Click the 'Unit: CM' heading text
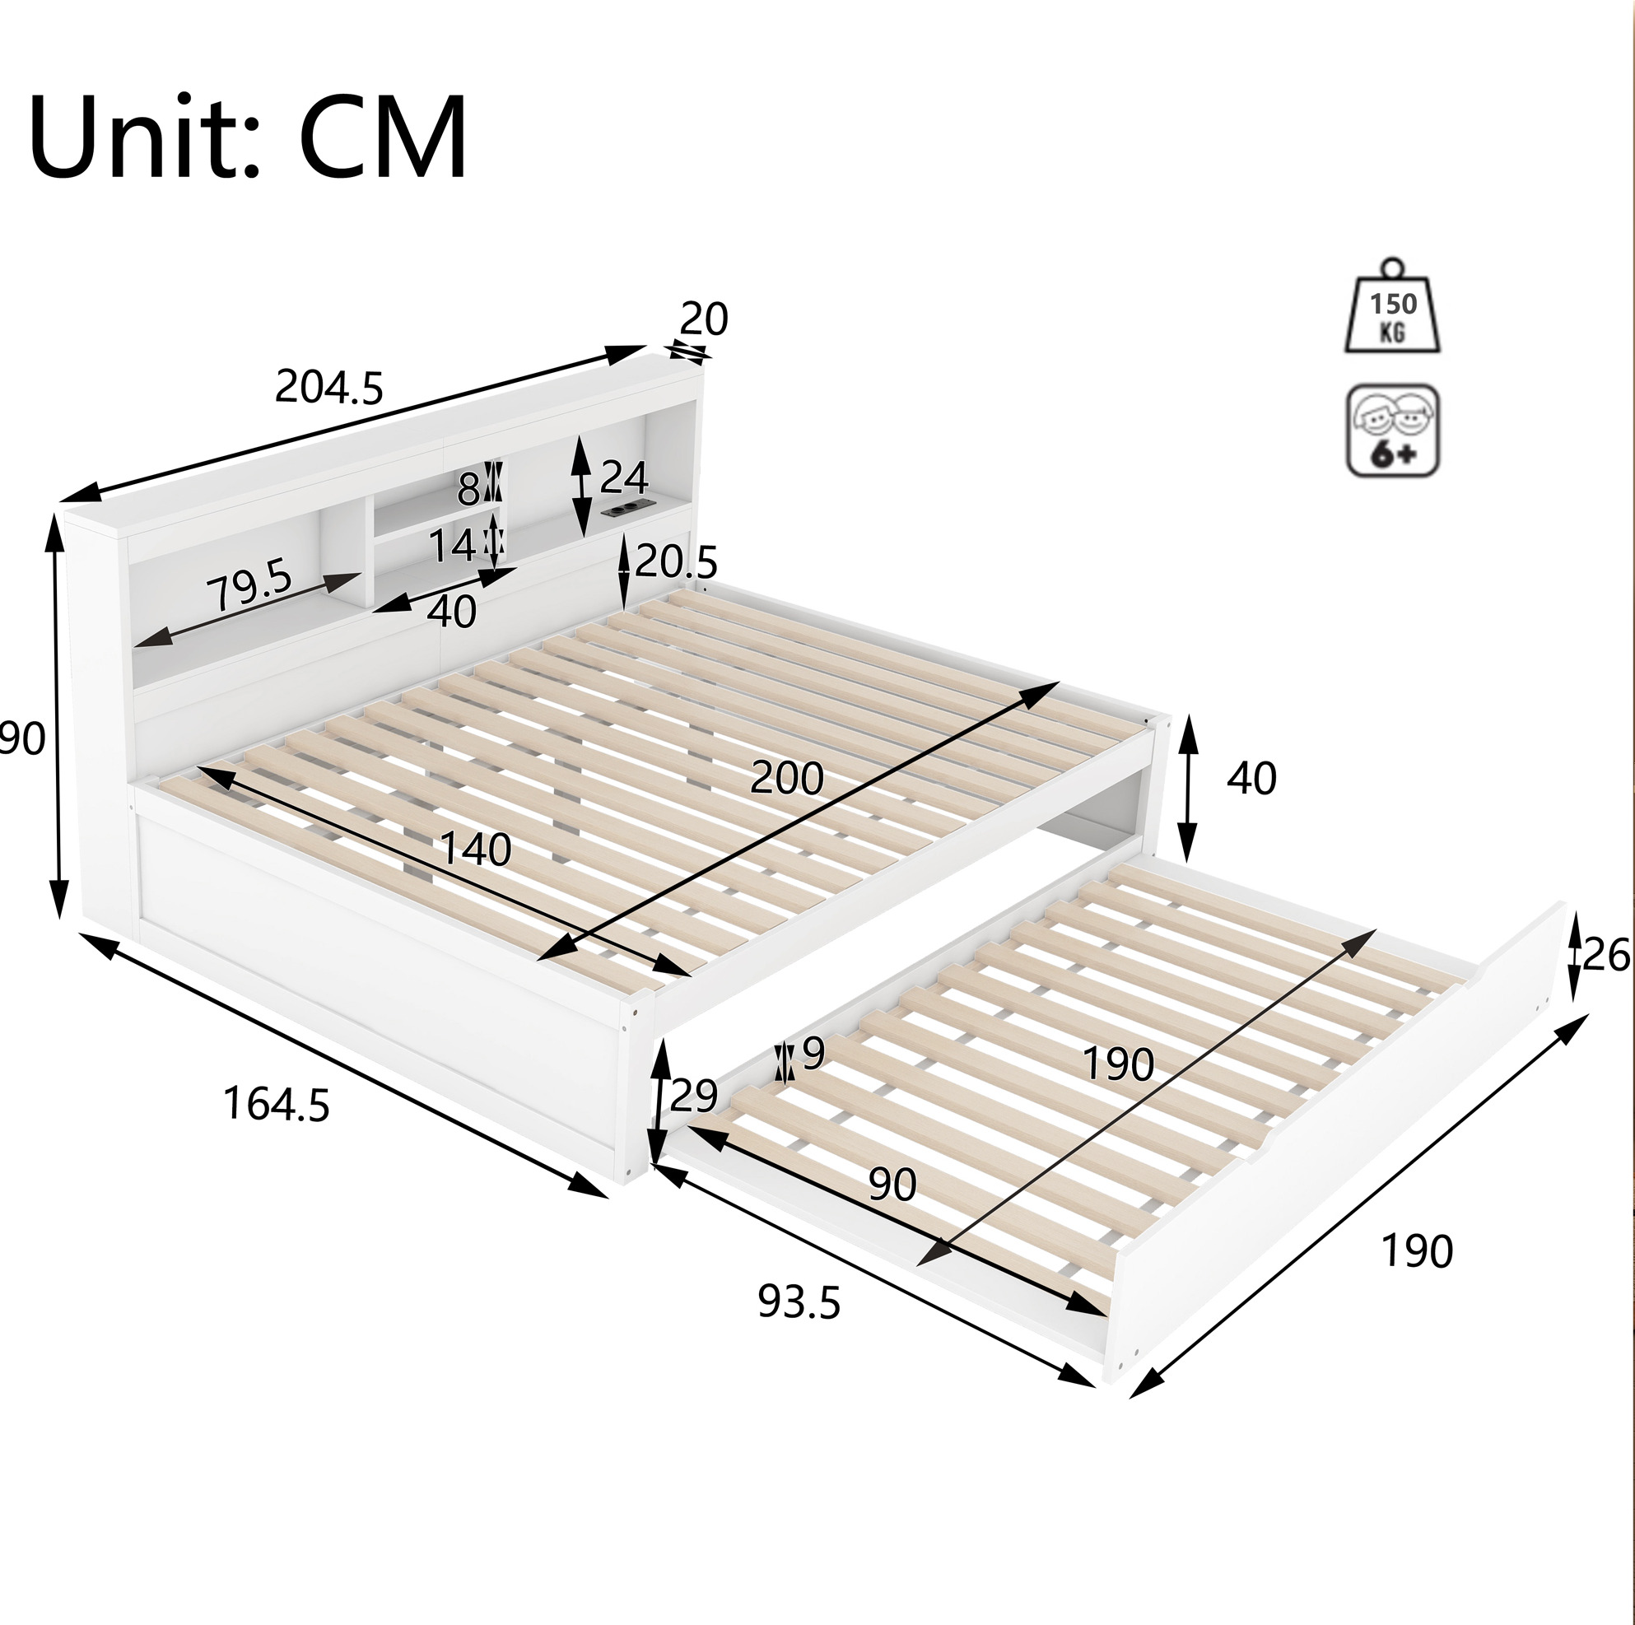click(x=248, y=138)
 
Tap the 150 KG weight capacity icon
click(x=1393, y=306)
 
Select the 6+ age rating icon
click(x=1393, y=431)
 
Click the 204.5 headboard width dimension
click(x=329, y=389)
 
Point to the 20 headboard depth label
click(x=703, y=319)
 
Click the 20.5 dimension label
click(x=676, y=561)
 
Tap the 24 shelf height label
click(x=624, y=479)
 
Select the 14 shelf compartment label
click(x=452, y=546)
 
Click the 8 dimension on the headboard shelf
click(x=468, y=488)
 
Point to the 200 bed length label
click(x=786, y=778)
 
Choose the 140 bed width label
click(x=476, y=850)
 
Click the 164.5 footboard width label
click(x=276, y=1106)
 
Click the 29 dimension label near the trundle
click(x=693, y=1096)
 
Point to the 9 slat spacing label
click(x=813, y=1053)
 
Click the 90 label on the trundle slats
click(x=892, y=1185)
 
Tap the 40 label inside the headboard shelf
click(x=452, y=611)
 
